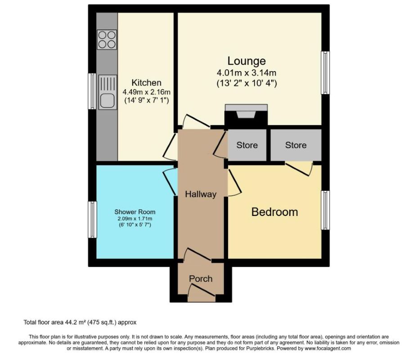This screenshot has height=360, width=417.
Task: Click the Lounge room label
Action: pos(247,61)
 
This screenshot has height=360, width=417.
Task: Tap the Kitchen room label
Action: pos(146,83)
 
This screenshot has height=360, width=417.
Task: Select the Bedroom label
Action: pos(274,212)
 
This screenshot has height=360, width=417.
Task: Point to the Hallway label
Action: pos(201,194)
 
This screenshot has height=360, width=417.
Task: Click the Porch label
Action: pos(201,279)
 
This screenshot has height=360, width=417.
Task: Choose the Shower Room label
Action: pos(135,211)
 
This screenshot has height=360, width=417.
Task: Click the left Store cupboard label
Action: pos(247,145)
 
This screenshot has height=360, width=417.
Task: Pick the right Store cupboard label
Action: pos(296,145)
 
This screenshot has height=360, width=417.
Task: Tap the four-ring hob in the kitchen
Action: pos(107,39)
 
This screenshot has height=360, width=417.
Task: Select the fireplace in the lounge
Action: pos(246,115)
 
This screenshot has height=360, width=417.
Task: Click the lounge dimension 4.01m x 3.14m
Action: pos(247,73)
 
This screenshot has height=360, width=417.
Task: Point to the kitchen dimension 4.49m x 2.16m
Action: pos(146,93)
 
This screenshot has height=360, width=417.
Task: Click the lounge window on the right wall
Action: pos(325,72)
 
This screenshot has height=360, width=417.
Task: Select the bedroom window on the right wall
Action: pos(325,211)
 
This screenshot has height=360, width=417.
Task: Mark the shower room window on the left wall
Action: pos(92,220)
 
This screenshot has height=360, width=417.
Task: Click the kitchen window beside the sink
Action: pos(92,91)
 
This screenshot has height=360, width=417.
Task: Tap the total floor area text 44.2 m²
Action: pos(80,322)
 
